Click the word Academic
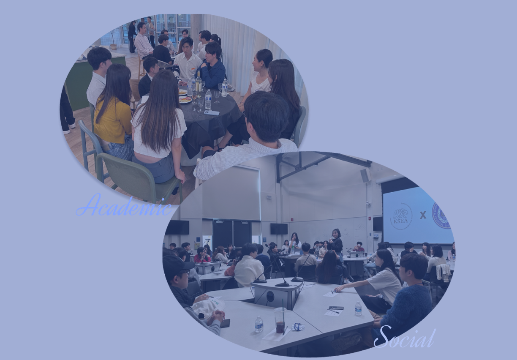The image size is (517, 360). pos(124,205)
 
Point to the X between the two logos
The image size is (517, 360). pos(423,215)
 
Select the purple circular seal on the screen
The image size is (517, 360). pos(441,215)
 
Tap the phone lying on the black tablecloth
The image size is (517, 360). pos(212,112)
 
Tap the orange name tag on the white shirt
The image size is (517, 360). pos(193,68)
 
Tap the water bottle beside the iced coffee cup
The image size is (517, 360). pos(259,324)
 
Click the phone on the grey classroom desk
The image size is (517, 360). pos(336,308)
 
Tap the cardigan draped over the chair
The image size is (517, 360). pos(443,273)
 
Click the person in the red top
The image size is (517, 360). pos(202,255)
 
